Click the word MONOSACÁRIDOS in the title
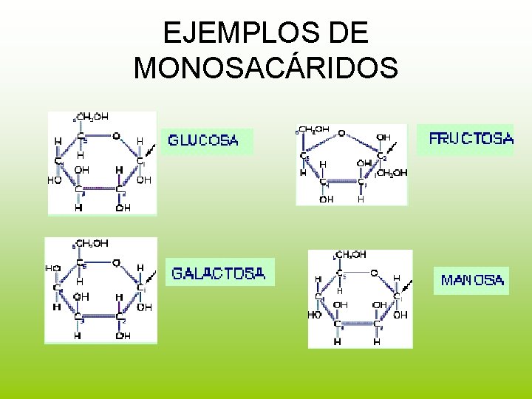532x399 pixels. [266, 67]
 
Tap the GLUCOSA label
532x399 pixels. [203, 140]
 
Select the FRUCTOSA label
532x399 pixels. [471, 138]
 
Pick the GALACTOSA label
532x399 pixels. [218, 273]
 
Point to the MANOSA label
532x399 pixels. [473, 280]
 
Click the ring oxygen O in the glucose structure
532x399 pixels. [116, 136]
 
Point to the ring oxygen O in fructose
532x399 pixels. [341, 134]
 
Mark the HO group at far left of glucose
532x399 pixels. [54, 180]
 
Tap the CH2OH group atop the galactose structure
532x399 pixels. [92, 242]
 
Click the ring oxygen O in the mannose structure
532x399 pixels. [375, 273]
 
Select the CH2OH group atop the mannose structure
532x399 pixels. [351, 255]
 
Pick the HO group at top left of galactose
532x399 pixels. [52, 268]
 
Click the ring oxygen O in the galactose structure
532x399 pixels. [116, 262]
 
